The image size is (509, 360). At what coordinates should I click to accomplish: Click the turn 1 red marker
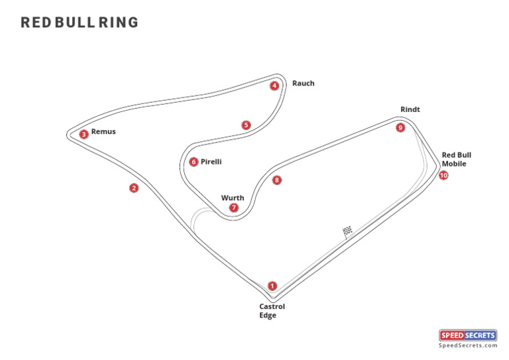tap(272, 286)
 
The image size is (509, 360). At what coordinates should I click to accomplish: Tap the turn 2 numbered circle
tap(134, 188)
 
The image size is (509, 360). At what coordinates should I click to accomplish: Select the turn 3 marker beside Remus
tap(84, 134)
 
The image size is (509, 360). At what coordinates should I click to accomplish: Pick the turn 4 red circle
tap(274, 86)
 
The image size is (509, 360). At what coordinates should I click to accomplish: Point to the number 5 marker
tap(246, 125)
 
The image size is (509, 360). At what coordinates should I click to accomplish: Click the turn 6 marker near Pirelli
tap(194, 162)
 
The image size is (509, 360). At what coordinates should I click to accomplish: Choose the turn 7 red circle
tap(234, 208)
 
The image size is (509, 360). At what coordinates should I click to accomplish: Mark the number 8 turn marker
tap(277, 180)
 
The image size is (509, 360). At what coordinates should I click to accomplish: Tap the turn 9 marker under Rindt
tap(400, 127)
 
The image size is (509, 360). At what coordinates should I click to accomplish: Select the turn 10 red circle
tap(443, 175)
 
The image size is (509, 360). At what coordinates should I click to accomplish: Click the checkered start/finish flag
tap(347, 231)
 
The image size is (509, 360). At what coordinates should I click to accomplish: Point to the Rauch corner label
tap(303, 84)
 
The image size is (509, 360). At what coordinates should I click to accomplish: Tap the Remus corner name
tap(103, 131)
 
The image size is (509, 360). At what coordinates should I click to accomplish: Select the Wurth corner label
tap(233, 198)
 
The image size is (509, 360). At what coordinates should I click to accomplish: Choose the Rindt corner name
tap(410, 109)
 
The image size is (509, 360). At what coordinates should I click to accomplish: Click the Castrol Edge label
tap(272, 311)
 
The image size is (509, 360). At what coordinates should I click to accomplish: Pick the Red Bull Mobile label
tap(457, 159)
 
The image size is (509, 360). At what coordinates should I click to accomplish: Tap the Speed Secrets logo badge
tap(468, 335)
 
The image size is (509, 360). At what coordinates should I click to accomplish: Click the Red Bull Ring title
tap(80, 23)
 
